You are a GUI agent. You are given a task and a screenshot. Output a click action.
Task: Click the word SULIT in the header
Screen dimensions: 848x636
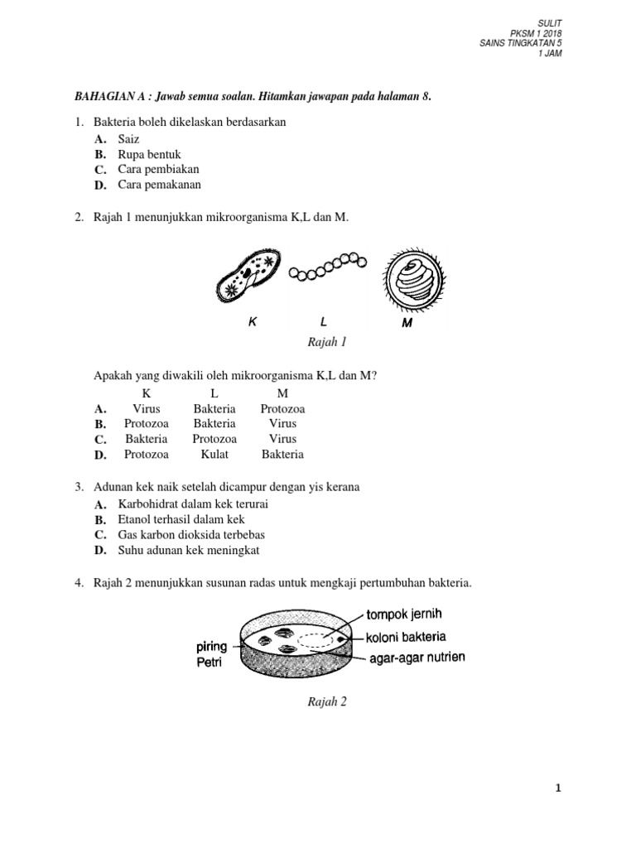tap(549, 24)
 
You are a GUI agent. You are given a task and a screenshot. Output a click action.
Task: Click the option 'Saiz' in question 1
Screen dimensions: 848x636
tap(130, 139)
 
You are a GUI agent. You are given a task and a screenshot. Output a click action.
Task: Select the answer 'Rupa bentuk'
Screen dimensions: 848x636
tap(149, 154)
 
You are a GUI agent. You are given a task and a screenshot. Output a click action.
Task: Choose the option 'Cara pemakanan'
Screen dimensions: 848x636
tap(159, 185)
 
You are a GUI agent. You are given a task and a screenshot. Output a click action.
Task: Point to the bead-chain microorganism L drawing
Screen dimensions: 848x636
tap(326, 267)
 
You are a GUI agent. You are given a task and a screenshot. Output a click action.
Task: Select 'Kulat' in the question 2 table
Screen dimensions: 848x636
tap(214, 454)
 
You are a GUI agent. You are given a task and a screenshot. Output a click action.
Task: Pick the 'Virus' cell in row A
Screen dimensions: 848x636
tap(147, 408)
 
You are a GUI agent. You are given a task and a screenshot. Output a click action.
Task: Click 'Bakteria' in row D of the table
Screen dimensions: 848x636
tap(282, 454)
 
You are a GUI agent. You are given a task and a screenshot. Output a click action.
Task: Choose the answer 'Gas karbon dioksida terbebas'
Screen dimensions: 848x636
tap(191, 534)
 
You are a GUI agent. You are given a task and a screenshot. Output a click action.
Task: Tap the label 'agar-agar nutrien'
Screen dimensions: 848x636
tap(417, 657)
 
